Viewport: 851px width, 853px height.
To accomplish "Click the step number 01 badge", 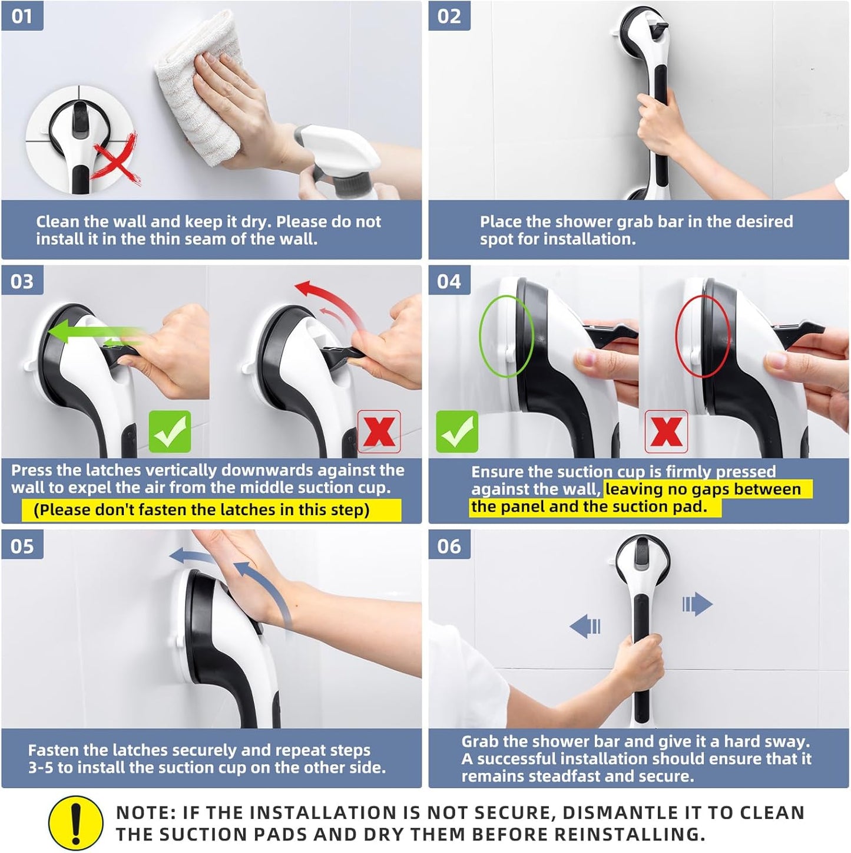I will [x=22, y=16].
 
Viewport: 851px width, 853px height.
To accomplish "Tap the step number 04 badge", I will [x=449, y=281].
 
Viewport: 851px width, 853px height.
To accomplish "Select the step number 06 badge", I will [x=449, y=546].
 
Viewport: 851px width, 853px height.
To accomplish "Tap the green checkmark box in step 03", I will [x=170, y=432].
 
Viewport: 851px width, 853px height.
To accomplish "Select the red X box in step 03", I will [x=379, y=432].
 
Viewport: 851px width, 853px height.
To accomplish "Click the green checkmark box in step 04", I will [x=457, y=432].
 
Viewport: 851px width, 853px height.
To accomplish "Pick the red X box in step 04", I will [x=666, y=432].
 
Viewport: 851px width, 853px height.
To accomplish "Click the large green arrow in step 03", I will [x=94, y=333].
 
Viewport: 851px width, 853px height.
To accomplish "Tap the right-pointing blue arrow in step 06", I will [x=697, y=604].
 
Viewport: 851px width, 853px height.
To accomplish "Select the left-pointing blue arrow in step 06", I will [x=585, y=626].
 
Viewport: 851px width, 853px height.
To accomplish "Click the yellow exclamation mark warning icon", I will [x=75, y=823].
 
